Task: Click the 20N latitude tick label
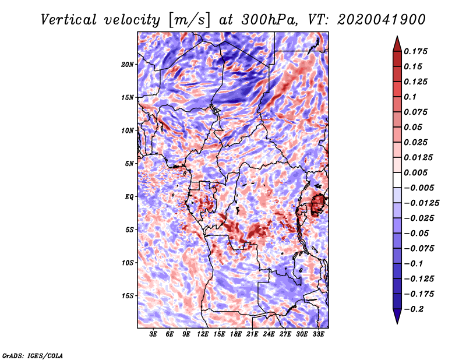point(127,65)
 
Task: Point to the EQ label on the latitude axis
point(129,197)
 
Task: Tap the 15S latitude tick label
point(128,296)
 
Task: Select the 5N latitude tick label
point(129,164)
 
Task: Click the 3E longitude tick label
point(153,334)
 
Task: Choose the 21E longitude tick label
point(252,334)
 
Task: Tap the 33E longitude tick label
point(318,334)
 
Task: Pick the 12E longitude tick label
point(203,334)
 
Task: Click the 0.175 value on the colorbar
point(415,51)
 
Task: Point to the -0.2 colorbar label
point(414,309)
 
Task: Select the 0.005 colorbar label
point(415,172)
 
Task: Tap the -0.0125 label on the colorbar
point(421,203)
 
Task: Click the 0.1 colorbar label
point(410,97)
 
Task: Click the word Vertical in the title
point(68,20)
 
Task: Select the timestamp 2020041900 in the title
point(382,20)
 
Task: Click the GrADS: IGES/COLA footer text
point(32,356)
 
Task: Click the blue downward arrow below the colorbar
point(397,316)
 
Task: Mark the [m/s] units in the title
point(189,20)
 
